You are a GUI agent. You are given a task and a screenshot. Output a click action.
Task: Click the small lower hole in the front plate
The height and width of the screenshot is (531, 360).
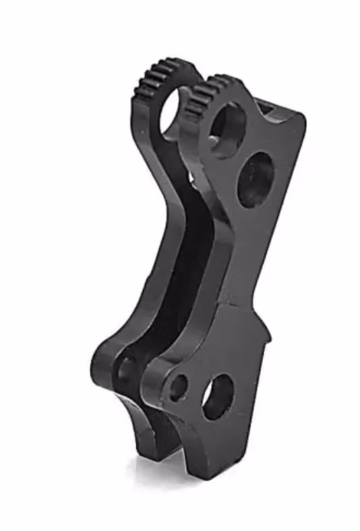[178, 387]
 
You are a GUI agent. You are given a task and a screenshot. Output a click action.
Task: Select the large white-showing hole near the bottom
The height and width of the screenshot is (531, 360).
[218, 397]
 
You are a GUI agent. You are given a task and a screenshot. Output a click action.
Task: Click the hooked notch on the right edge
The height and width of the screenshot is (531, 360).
[266, 334]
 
